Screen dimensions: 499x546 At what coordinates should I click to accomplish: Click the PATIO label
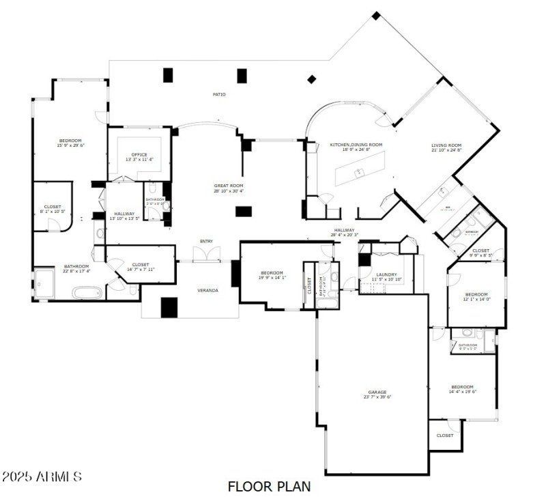pyautogui.click(x=218, y=94)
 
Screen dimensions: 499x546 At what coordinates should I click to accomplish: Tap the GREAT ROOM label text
pyautogui.click(x=228, y=186)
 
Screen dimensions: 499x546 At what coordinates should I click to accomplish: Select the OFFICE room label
pyautogui.click(x=139, y=154)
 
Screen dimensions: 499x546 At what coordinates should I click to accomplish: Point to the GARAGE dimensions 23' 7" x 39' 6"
pyautogui.click(x=377, y=397)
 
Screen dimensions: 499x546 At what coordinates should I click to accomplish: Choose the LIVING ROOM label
pyautogui.click(x=446, y=145)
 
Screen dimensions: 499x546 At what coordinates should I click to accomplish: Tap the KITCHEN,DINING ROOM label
pyautogui.click(x=356, y=145)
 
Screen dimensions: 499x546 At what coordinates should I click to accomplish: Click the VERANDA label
pyautogui.click(x=207, y=291)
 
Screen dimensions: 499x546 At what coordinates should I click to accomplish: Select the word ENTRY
pyautogui.click(x=206, y=241)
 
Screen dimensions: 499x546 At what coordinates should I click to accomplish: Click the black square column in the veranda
pyautogui.click(x=169, y=307)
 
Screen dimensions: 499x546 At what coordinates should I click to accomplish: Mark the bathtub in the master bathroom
pyautogui.click(x=87, y=294)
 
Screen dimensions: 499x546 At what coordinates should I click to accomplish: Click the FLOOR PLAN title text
pyautogui.click(x=270, y=487)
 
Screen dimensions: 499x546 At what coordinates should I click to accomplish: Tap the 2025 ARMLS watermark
pyautogui.click(x=42, y=476)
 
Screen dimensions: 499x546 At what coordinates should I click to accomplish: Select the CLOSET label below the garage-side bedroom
pyautogui.click(x=445, y=435)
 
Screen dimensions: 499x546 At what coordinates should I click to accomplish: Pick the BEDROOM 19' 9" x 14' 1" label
pyautogui.click(x=272, y=274)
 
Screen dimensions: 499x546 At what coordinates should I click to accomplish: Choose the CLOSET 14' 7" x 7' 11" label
pyautogui.click(x=141, y=266)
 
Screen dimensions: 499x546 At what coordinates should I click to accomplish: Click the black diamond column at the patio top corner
pyautogui.click(x=375, y=14)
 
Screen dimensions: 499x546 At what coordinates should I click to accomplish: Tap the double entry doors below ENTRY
pyautogui.click(x=206, y=255)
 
